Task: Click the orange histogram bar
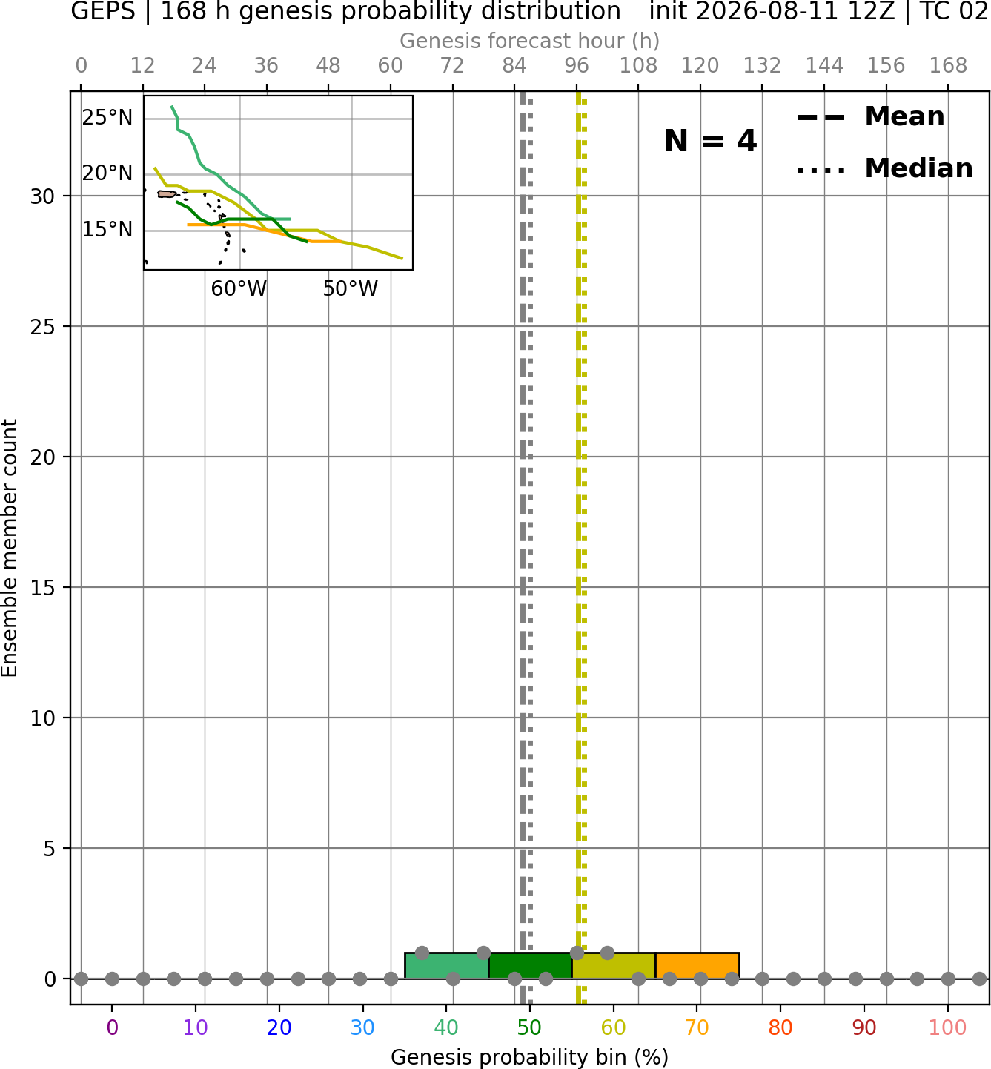(697, 966)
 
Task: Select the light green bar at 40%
(446, 966)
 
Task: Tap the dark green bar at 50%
(530, 966)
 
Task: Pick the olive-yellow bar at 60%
(614, 966)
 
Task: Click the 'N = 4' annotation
(711, 141)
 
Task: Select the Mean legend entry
(870, 116)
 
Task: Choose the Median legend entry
(885, 168)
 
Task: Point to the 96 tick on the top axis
(577, 66)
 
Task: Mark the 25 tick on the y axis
(42, 327)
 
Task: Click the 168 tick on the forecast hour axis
(948, 66)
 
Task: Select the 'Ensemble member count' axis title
(10, 548)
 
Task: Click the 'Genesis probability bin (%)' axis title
(530, 1057)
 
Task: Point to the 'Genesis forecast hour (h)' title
(530, 41)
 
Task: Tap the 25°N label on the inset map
(107, 117)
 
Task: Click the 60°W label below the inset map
(239, 289)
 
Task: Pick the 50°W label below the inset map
(351, 289)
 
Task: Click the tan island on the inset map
(166, 193)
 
